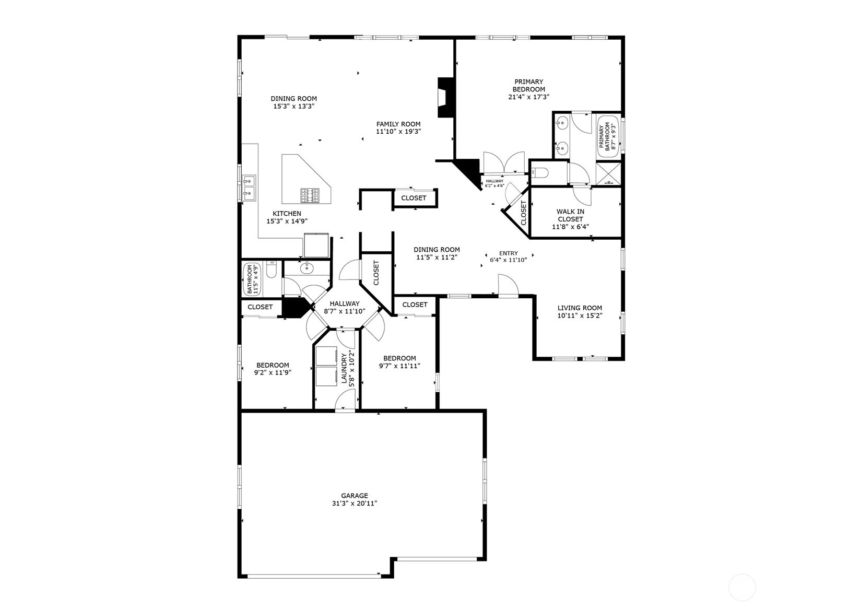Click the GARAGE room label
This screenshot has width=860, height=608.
(355, 496)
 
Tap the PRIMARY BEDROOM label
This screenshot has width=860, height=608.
(528, 85)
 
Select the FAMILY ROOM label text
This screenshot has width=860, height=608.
(398, 124)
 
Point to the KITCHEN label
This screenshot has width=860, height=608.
(287, 214)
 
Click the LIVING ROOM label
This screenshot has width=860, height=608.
(580, 308)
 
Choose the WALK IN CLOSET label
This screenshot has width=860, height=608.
(571, 215)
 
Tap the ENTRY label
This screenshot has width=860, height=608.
(508, 253)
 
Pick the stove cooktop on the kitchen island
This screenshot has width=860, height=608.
(310, 195)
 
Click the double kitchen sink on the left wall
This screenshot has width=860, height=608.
(249, 188)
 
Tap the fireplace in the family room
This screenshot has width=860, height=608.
(445, 98)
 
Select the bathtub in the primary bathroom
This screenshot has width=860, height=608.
(608, 136)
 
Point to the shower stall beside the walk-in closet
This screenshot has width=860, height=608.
(608, 173)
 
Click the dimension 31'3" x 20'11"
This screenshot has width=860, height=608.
(355, 503)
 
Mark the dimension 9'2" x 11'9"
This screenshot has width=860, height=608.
(273, 372)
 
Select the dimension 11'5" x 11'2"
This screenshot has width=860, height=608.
(437, 257)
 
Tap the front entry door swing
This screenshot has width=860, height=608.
(508, 285)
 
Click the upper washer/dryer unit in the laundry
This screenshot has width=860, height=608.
(326, 356)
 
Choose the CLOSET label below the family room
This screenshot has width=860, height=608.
(414, 198)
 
